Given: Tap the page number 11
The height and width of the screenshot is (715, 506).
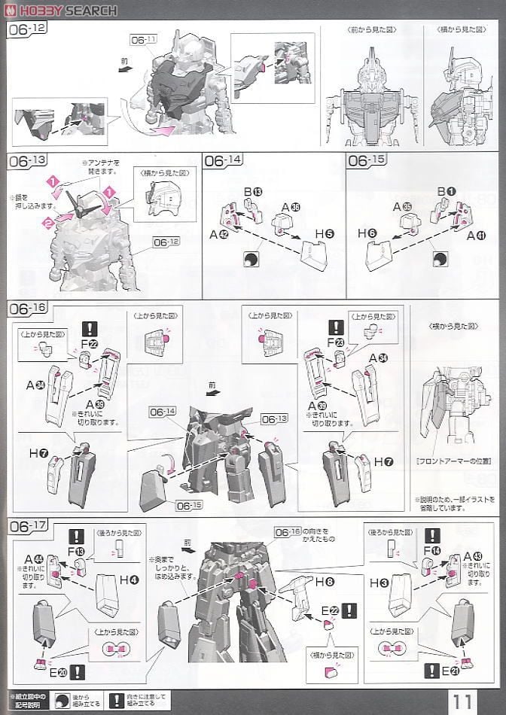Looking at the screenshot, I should (464, 701).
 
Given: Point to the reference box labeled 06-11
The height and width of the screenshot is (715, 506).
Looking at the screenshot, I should (143, 40).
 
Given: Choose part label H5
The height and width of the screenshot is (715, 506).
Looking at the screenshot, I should (324, 235).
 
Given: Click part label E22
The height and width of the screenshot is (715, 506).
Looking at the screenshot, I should (326, 610).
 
